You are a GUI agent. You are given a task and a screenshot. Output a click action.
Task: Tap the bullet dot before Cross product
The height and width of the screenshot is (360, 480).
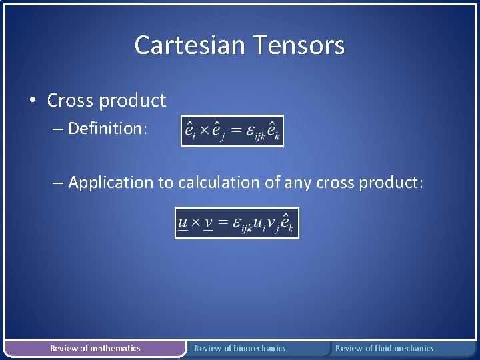[x=33, y=101]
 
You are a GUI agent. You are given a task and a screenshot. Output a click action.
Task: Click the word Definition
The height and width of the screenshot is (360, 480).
[x=106, y=128]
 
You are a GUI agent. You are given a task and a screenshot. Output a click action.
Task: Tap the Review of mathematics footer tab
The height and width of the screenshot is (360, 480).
[x=95, y=348]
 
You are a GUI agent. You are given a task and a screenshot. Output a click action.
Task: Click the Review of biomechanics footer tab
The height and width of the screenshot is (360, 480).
[x=239, y=348]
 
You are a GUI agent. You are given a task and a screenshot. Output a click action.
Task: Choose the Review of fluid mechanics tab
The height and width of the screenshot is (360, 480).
[x=384, y=348]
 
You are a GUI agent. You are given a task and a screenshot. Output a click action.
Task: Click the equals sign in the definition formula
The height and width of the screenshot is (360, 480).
[x=235, y=131]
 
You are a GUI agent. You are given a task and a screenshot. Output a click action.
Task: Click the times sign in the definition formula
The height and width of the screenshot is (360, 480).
[x=203, y=131]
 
